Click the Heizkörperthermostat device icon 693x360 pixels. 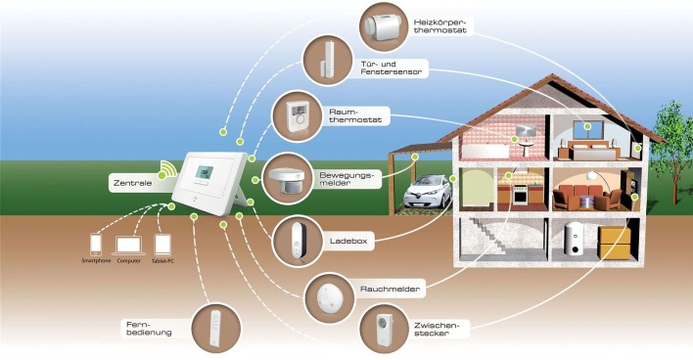(x=383, y=26)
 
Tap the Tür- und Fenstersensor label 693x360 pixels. (x=392, y=68)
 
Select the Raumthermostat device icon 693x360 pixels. (x=297, y=116)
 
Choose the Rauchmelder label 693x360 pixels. (x=390, y=290)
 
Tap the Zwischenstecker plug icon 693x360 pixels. (x=384, y=328)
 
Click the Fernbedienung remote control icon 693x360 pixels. (x=215, y=328)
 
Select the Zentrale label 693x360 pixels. (x=132, y=183)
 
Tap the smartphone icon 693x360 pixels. (x=96, y=245)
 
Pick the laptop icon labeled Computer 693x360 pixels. (x=128, y=247)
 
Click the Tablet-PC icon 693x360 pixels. (x=162, y=246)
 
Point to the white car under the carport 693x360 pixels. (x=428, y=192)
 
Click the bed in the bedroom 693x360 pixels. (x=590, y=151)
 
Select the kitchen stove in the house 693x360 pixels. (x=521, y=195)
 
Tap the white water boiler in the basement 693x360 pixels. (x=574, y=239)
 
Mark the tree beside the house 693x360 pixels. (x=674, y=151)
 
